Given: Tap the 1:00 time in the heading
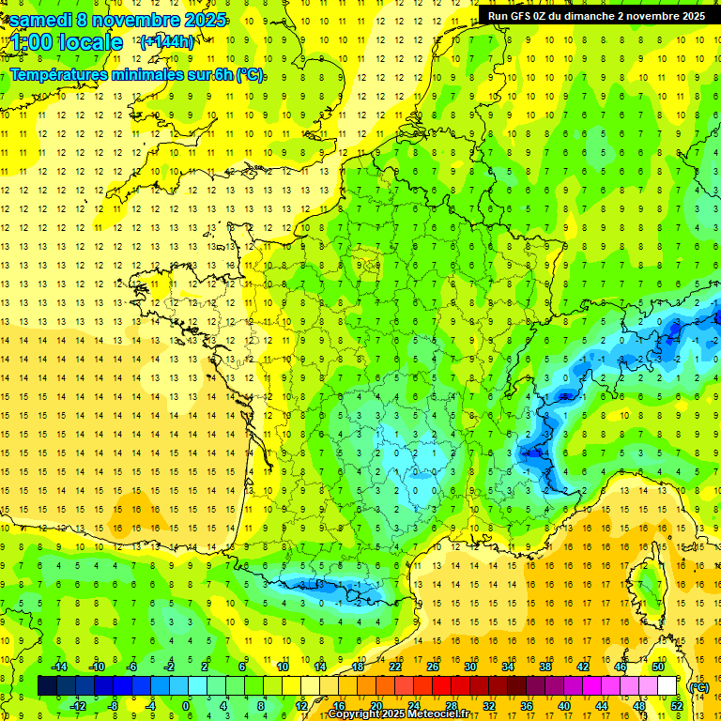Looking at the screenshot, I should coord(34,42).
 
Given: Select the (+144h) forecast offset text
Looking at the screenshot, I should coord(167,41).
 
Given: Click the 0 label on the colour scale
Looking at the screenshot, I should coord(187,705).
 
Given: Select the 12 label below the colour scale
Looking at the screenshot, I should coord(301,705).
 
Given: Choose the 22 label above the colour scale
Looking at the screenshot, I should coord(395,667).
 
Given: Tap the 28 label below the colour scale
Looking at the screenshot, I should coord(452,705).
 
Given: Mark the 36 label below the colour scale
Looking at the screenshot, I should coord(527,705).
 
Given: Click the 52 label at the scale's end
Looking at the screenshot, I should coord(677,705).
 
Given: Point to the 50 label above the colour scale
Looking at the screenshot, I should coord(657,667).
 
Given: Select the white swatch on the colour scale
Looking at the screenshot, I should coord(667,686).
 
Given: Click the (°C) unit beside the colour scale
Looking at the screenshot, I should coord(698,686).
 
